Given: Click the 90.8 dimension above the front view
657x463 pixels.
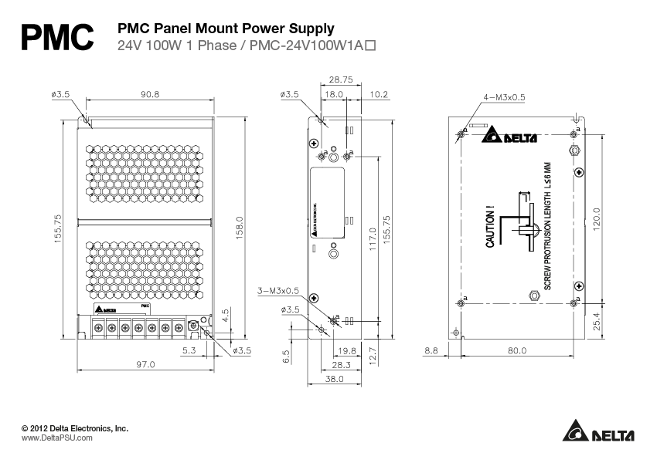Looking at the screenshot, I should click(x=150, y=94).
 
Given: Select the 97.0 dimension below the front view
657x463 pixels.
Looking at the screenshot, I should click(x=145, y=364).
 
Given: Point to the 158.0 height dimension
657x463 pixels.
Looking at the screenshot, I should click(x=240, y=228).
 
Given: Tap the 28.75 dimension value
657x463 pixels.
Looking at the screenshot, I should click(x=340, y=79).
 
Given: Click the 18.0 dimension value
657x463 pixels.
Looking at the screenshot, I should click(x=333, y=94).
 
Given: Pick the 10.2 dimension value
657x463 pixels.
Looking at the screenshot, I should click(x=380, y=94).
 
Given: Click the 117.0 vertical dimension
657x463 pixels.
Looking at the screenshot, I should click(x=373, y=240).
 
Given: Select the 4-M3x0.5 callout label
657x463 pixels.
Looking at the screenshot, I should click(x=503, y=97).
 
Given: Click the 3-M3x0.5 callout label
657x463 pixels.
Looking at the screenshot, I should click(x=278, y=291).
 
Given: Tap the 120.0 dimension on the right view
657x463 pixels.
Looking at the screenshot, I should click(x=596, y=218).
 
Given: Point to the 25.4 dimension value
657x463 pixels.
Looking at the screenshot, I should click(x=596, y=320).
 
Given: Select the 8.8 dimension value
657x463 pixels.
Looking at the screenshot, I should click(x=431, y=350).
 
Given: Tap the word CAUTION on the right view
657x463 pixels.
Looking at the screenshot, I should click(x=490, y=227).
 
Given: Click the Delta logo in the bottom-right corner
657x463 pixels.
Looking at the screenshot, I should click(x=598, y=432).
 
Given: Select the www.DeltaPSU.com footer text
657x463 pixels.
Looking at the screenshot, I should click(x=56, y=438).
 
